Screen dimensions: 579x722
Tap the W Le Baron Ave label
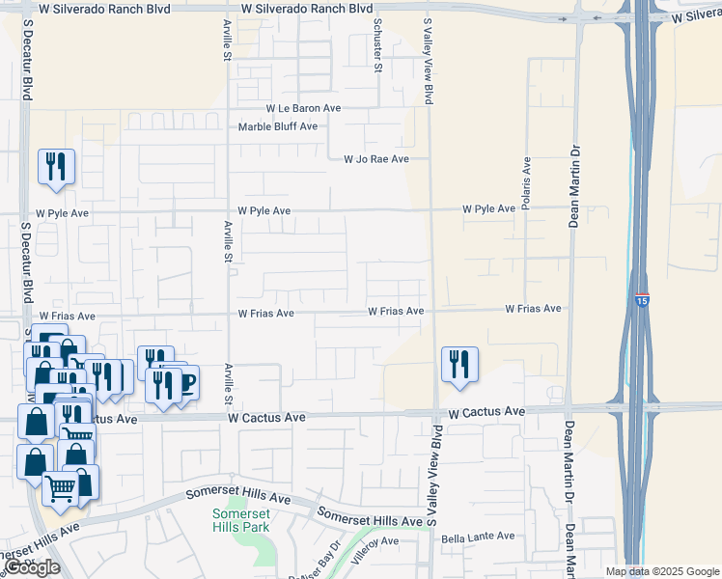(x=304, y=109)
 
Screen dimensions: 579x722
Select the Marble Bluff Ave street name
(x=278, y=126)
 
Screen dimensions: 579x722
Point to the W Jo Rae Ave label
(x=376, y=159)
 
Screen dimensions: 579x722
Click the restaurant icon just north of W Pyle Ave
(x=56, y=167)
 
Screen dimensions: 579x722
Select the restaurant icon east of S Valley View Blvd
(x=459, y=365)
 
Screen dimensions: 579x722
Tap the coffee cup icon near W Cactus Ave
(x=185, y=383)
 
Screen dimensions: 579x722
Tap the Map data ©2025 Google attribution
(x=661, y=571)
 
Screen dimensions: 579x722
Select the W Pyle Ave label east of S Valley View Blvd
(x=488, y=208)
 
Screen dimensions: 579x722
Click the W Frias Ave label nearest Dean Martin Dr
(x=533, y=309)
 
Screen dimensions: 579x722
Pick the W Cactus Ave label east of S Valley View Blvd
(x=486, y=412)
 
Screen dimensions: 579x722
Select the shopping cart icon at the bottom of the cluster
(x=61, y=489)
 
